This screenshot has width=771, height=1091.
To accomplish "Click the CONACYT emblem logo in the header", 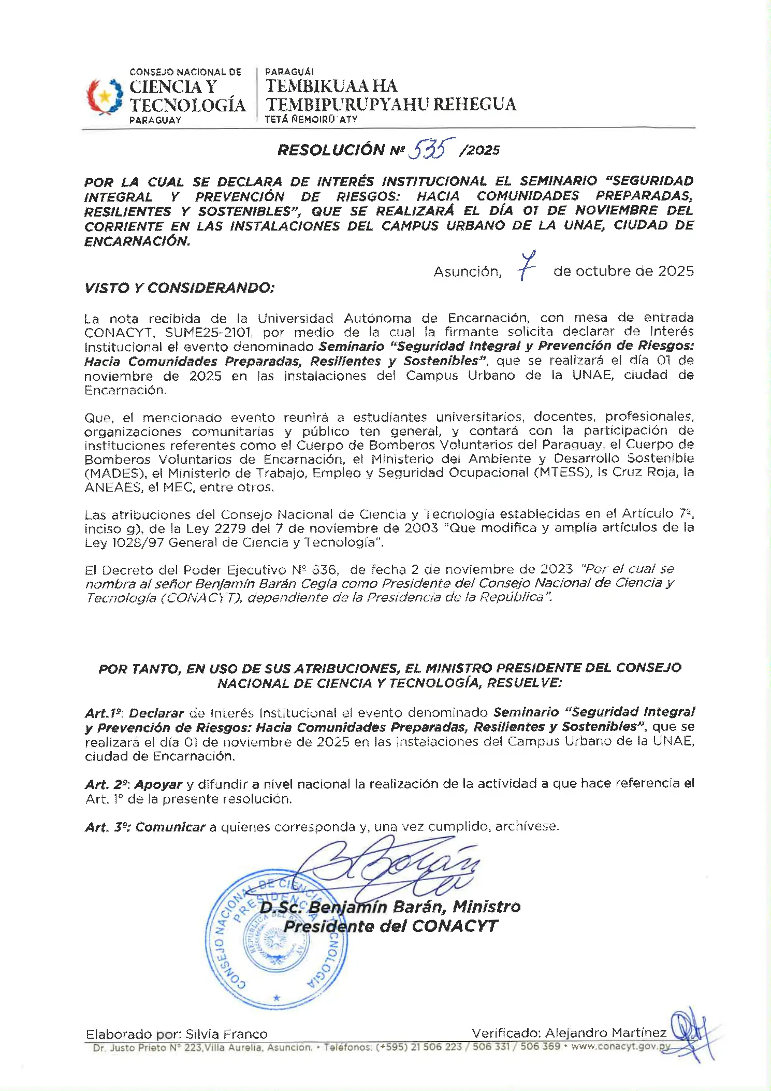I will [105, 96].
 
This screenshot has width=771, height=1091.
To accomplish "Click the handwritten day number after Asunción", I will [527, 266].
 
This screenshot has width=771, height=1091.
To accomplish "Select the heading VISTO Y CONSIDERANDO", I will [179, 288].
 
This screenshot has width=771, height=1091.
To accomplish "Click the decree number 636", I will [324, 570].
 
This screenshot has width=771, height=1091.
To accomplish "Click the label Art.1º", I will [104, 713].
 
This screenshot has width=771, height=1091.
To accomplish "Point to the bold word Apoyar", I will [158, 785].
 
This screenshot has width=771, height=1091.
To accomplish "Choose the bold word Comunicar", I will [170, 827].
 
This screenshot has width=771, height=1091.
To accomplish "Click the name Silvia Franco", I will [226, 1035].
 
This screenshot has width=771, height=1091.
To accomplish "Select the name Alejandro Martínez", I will [605, 1033].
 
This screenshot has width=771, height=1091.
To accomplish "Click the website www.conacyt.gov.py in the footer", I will [621, 1046].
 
